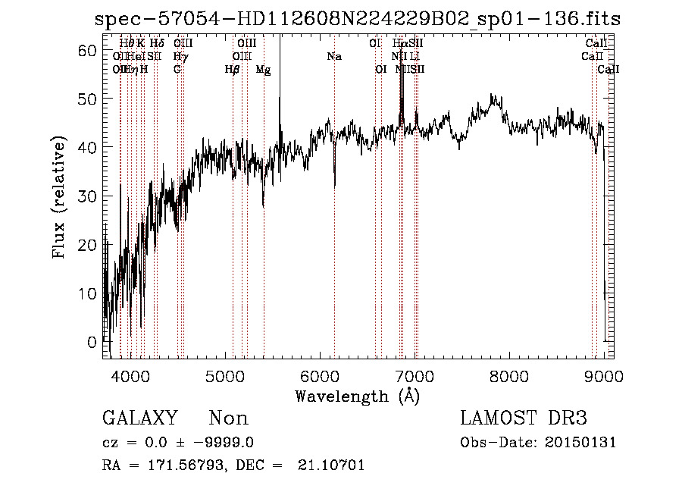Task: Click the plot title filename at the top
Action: [x=357, y=19]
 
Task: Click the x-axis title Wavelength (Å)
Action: [x=357, y=395]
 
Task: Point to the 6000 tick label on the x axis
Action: [x=320, y=375]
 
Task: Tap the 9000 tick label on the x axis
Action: [x=604, y=375]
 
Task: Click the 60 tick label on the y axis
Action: [x=89, y=50]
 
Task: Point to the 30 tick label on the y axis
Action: [x=89, y=196]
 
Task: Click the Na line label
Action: [x=334, y=57]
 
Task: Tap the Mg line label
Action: [x=263, y=70]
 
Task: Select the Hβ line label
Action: [x=232, y=70]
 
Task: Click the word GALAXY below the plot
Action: [x=140, y=418]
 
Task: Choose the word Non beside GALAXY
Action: [x=228, y=418]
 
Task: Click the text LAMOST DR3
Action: [x=523, y=418]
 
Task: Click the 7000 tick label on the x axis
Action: [x=415, y=375]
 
